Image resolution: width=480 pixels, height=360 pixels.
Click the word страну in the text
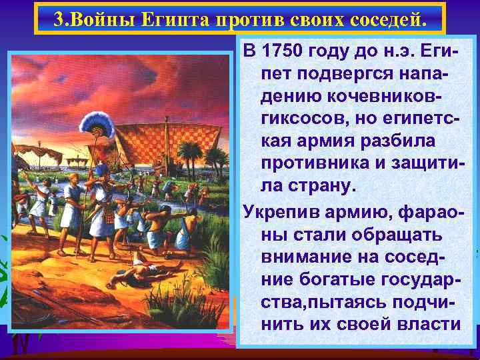[317, 186]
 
